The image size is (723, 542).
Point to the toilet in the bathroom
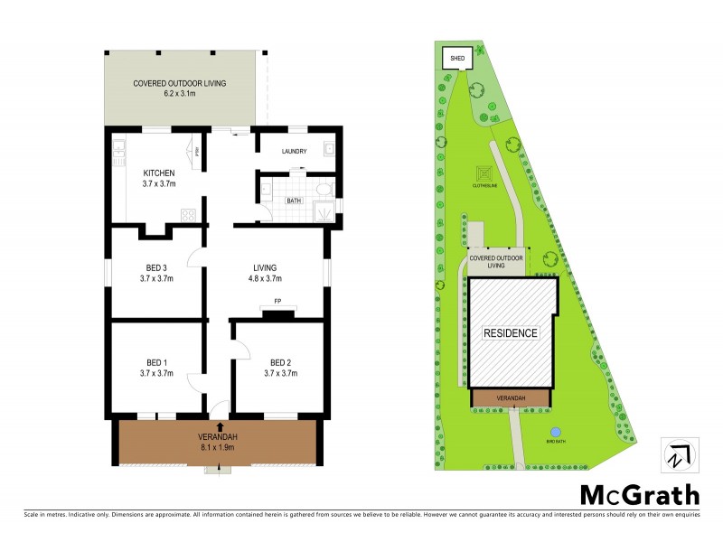[x=322, y=190]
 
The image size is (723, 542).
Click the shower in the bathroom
[x=322, y=211]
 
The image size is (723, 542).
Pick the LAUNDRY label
[x=295, y=152]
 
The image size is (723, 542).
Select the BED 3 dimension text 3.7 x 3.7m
[x=156, y=279]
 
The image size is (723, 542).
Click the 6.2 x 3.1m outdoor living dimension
[x=179, y=93]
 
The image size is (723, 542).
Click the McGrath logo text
[x=639, y=495]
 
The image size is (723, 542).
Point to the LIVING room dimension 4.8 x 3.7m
[x=265, y=279]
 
